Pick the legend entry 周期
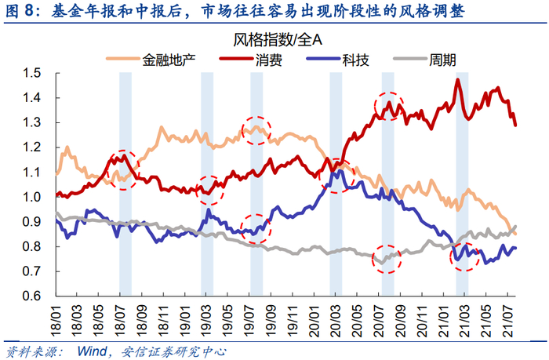point(445,59)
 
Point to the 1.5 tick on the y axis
point(31,73)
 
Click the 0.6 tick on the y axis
point(31,296)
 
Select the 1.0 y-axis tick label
point(31,197)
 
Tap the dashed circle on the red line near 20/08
point(390,106)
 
